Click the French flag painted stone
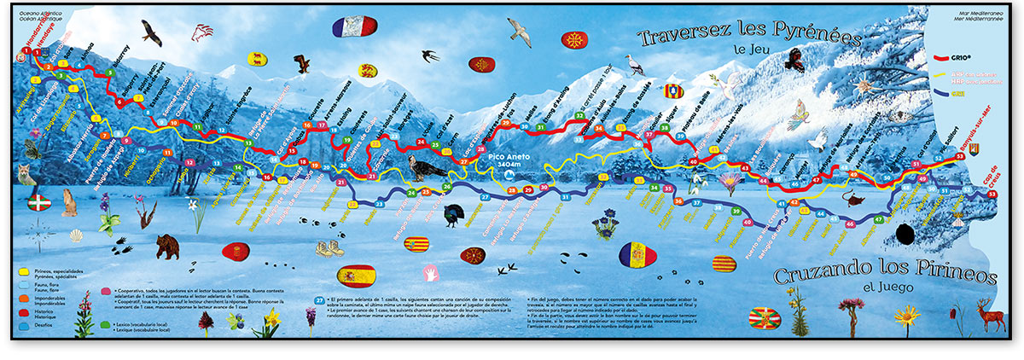click(x=351, y=26)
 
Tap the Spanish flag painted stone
click(x=358, y=275)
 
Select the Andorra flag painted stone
click(x=643, y=254)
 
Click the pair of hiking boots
click(x=329, y=248)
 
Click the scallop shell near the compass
click(x=76, y=235)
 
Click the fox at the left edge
click(x=26, y=175)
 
